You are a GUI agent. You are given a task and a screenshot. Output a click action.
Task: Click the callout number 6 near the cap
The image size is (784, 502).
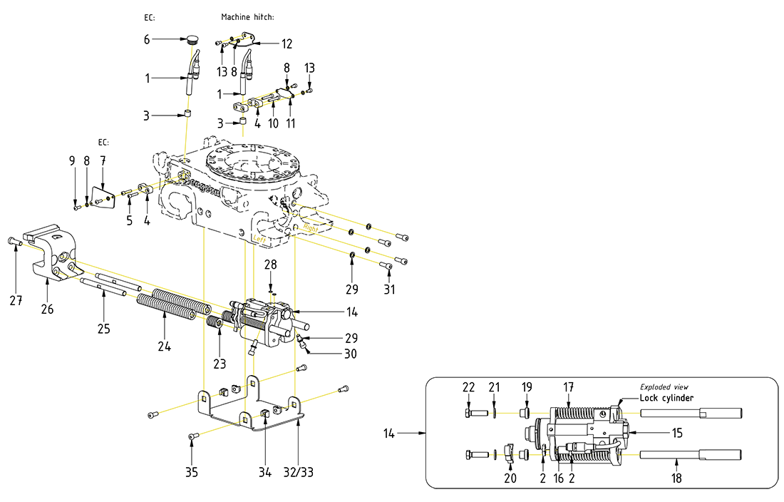(147, 39)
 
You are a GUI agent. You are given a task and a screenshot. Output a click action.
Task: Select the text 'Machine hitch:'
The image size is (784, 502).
(247, 16)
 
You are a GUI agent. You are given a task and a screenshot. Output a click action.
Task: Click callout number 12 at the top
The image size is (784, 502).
(287, 44)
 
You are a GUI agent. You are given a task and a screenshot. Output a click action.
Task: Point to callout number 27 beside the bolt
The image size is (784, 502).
(16, 301)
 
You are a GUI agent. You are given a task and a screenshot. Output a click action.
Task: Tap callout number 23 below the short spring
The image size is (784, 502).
(220, 364)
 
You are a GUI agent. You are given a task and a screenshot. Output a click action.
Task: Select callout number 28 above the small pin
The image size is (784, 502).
(271, 265)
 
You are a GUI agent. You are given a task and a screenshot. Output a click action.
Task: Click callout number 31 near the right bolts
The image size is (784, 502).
(389, 290)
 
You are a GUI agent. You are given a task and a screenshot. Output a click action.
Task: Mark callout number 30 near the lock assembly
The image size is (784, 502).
(350, 353)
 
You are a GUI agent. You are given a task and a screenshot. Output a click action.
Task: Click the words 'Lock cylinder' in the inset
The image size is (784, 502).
(666, 398)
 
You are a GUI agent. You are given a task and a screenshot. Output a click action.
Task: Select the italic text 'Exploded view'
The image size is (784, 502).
(664, 386)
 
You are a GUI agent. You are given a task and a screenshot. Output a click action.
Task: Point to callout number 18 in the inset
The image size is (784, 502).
(676, 478)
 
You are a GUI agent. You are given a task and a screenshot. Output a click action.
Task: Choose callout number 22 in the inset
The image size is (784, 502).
(468, 386)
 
